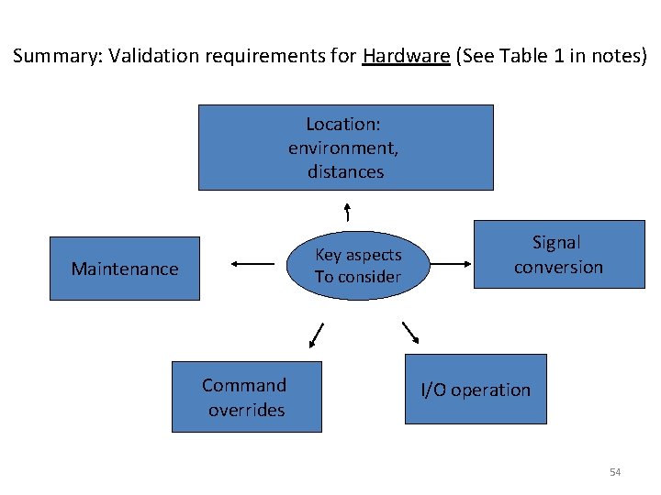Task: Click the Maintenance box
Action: pyautogui.click(x=124, y=269)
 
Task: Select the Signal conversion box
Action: pyautogui.click(x=558, y=255)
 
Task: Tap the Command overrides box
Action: pyautogui.click(x=246, y=397)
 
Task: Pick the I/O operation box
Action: pyautogui.click(x=476, y=390)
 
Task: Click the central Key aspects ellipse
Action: pyautogui.click(x=358, y=265)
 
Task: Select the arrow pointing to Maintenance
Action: pyautogui.click(x=252, y=264)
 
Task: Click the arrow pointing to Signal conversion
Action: pyautogui.click(x=450, y=264)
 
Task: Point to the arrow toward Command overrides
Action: pyautogui.click(x=317, y=335)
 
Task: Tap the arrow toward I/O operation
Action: pyautogui.click(x=410, y=332)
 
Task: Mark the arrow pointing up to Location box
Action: pyautogui.click(x=347, y=211)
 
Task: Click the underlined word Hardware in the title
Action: pyautogui.click(x=406, y=56)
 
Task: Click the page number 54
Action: pyautogui.click(x=615, y=472)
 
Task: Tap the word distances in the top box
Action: pyautogui.click(x=346, y=171)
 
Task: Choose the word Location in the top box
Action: pyautogui.click(x=342, y=124)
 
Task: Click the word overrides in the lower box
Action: pyautogui.click(x=246, y=410)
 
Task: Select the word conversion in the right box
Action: pyautogui.click(x=558, y=267)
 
